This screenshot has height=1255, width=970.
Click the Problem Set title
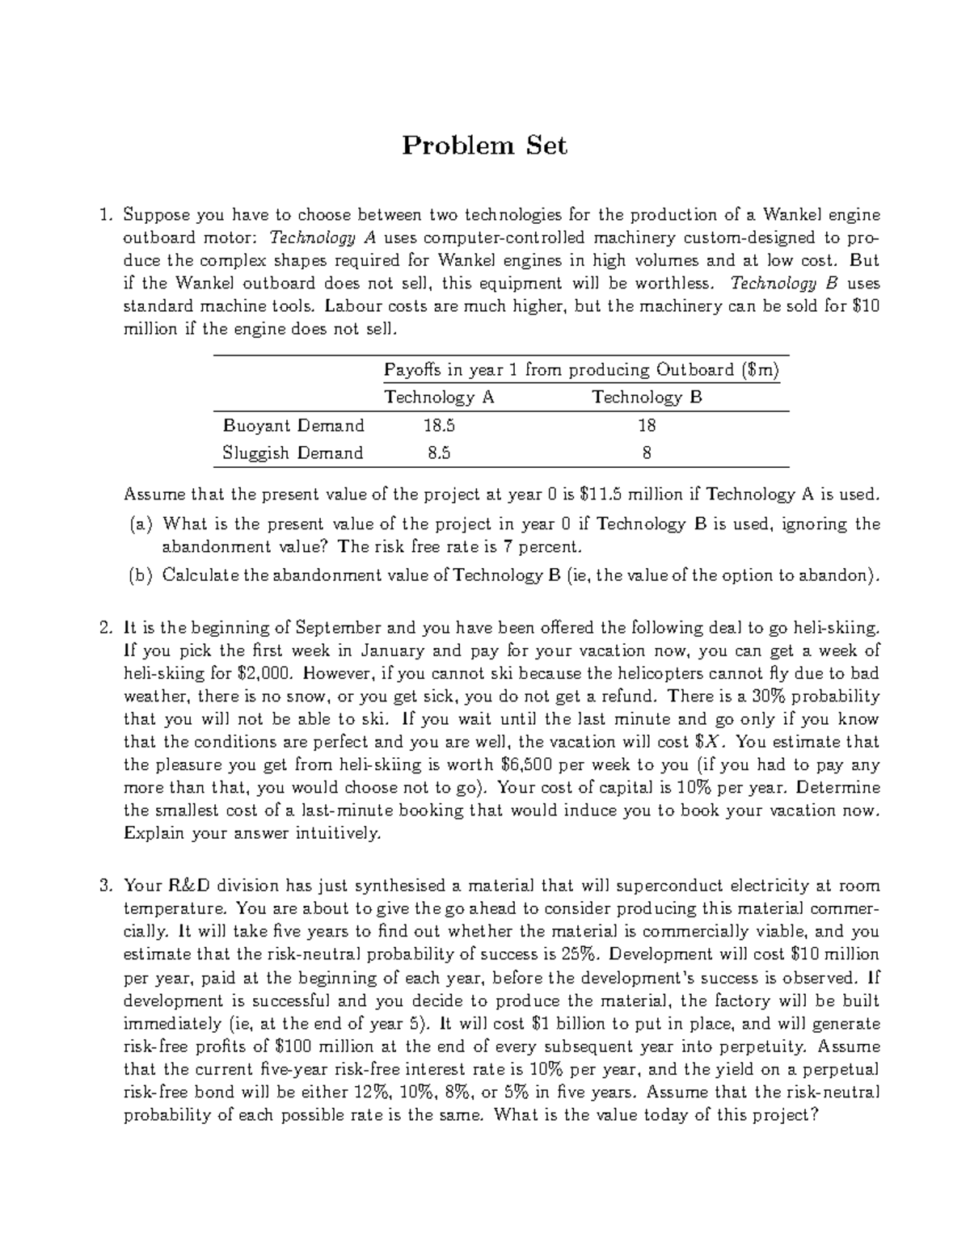[x=485, y=145]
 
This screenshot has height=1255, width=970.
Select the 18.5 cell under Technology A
[x=439, y=425]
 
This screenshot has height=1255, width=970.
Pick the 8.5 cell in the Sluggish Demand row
[x=439, y=453]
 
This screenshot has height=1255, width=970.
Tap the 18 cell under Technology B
[x=646, y=425]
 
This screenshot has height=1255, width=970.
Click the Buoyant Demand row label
[x=293, y=425]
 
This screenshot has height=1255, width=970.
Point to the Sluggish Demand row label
[x=293, y=453]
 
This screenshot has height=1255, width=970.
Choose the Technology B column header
[x=647, y=397]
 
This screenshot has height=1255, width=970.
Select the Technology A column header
[x=439, y=397]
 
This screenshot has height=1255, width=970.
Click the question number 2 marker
[x=104, y=628]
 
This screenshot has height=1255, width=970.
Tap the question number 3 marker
[x=104, y=886]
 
